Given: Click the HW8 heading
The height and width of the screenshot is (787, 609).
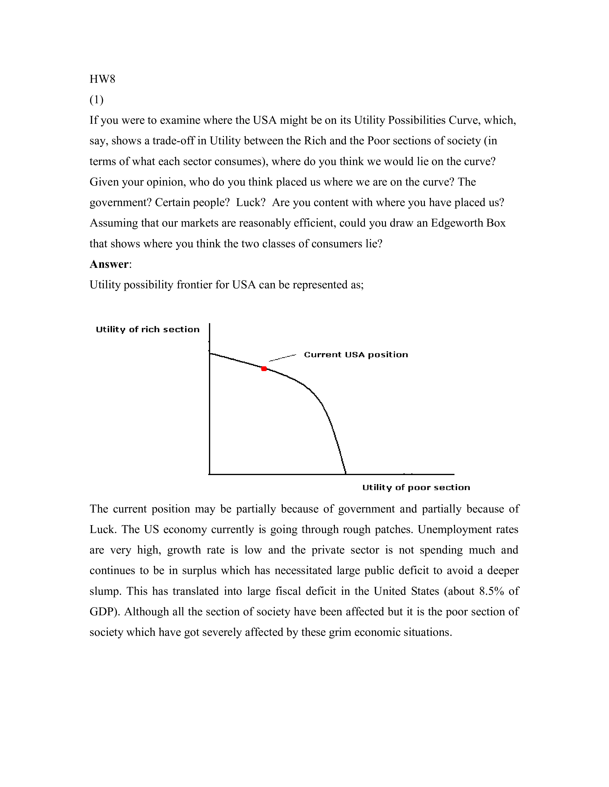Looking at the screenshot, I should pyautogui.click(x=102, y=79).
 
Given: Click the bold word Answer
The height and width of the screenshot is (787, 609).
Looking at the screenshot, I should pyautogui.click(x=109, y=264).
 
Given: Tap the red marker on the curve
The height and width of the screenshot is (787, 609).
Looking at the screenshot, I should pyautogui.click(x=264, y=369).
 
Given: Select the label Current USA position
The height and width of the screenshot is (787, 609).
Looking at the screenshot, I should pyautogui.click(x=356, y=355).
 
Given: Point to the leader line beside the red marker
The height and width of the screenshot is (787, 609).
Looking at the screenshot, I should pyautogui.click(x=283, y=357).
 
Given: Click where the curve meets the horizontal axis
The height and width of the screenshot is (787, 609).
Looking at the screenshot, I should pyautogui.click(x=346, y=474).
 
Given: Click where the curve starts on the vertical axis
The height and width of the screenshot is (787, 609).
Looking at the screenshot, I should pyautogui.click(x=210, y=354).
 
